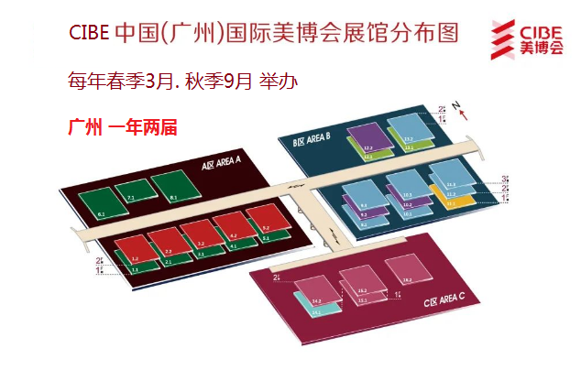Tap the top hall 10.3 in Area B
[403, 181]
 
